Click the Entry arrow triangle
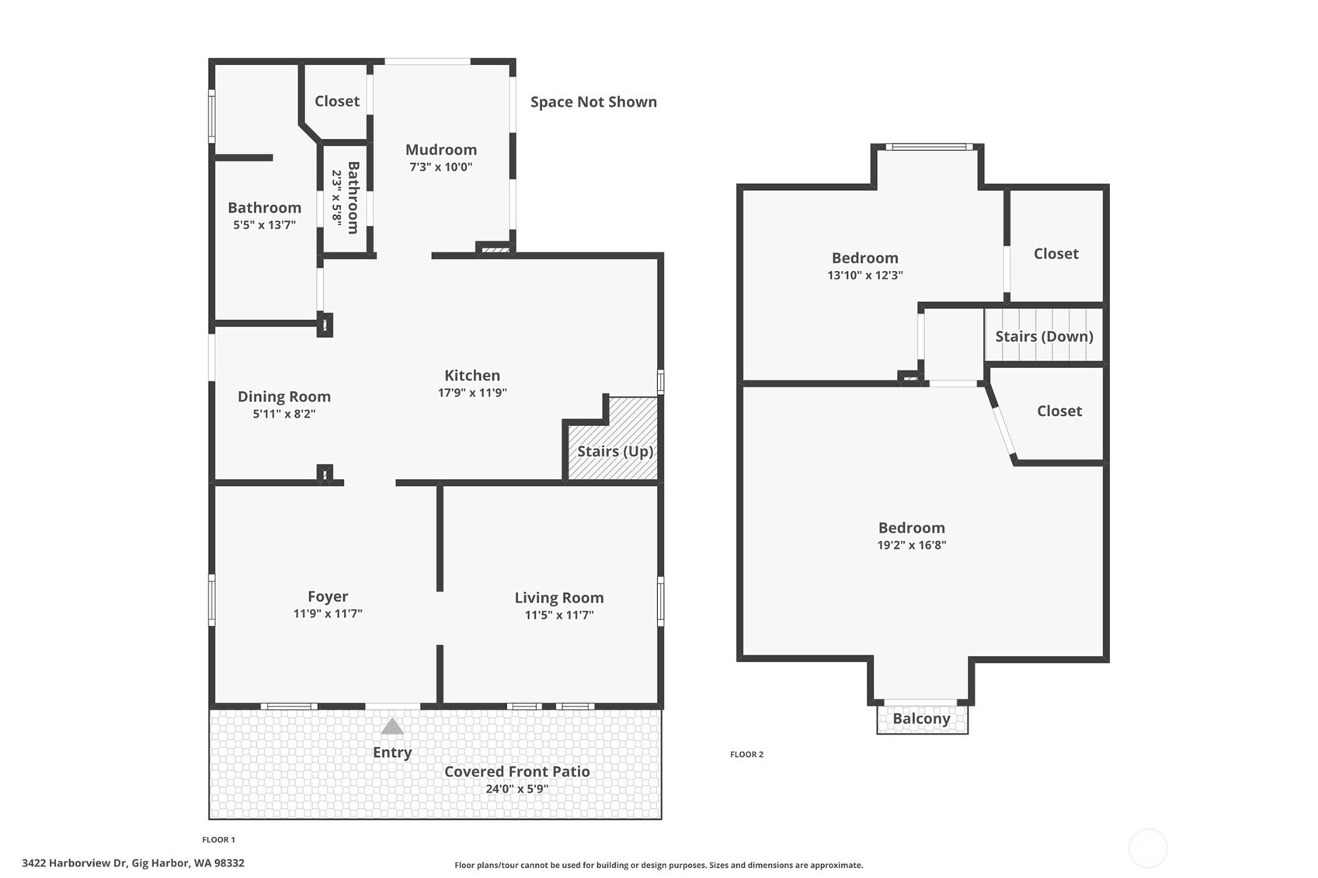pos(392,727)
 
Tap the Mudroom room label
pos(440,150)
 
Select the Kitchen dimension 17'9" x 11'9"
pos(472,393)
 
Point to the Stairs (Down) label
pos(1044,336)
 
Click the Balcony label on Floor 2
pos(921,718)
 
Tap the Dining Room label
pos(283,397)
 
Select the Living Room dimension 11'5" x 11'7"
pos(558,615)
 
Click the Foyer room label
pos(327,596)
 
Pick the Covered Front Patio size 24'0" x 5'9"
pos(516,789)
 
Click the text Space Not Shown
pos(593,102)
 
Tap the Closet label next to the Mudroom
pos(336,101)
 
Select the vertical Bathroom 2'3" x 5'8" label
pos(345,197)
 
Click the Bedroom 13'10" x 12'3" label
pos(864,258)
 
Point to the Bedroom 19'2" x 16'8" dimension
pos(911,545)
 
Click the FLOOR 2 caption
pos(746,755)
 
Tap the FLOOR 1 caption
pos(218,840)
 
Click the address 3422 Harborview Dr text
pos(133,862)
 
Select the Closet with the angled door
pos(1059,411)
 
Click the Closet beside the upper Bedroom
pos(1055,253)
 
